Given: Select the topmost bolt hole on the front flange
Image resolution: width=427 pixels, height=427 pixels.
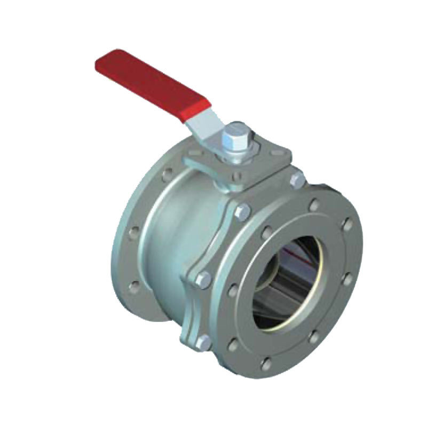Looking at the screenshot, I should (x=315, y=204).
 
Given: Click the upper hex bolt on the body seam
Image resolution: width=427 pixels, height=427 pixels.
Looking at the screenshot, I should (x=242, y=212).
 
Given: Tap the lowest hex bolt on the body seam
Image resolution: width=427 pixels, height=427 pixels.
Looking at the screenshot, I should (x=202, y=343).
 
